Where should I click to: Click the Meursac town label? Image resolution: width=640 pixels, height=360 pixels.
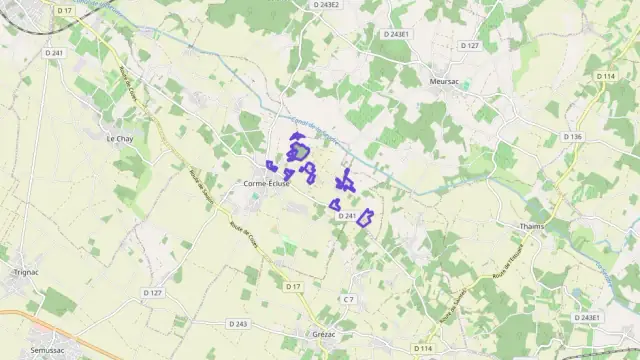click(443, 81)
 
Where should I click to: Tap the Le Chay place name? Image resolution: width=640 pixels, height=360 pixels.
click(119, 138)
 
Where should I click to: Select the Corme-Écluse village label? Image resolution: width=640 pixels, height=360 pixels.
click(267, 184)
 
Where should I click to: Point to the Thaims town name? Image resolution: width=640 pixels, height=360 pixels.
click(532, 226)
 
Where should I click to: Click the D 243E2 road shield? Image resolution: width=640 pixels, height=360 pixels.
click(327, 5)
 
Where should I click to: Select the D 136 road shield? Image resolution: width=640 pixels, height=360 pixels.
click(572, 136)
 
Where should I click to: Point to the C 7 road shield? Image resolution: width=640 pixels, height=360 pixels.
click(348, 299)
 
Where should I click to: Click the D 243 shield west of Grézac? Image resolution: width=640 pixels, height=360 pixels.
click(237, 324)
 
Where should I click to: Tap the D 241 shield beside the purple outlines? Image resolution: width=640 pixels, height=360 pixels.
click(347, 215)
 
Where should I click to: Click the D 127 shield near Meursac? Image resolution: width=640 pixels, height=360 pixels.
click(470, 45)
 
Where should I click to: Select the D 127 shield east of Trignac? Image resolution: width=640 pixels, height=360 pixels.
click(152, 293)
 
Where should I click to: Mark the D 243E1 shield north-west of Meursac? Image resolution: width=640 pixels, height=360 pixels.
click(396, 34)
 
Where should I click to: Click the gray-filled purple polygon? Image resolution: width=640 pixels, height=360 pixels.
click(299, 152)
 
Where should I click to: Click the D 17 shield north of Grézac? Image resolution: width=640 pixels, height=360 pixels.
click(293, 287)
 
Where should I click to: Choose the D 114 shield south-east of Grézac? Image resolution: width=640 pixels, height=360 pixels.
click(426, 348)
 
